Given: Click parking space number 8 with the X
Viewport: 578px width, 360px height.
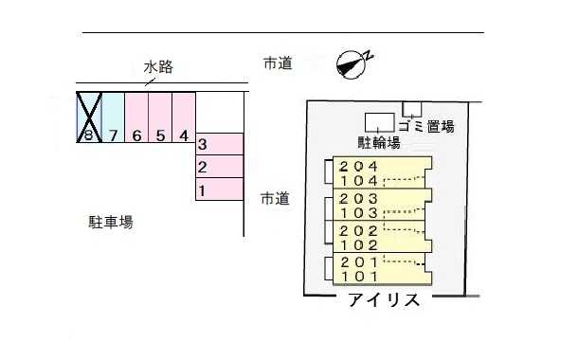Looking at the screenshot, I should tap(88, 117).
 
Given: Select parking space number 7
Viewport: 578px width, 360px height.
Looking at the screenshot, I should tap(113, 117).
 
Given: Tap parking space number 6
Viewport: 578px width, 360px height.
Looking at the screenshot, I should tap(136, 117).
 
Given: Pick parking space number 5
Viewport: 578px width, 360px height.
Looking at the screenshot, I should tap(160, 117).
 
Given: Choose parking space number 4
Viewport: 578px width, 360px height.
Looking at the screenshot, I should tap(184, 117).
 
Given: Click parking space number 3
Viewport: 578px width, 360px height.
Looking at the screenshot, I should tap(220, 144).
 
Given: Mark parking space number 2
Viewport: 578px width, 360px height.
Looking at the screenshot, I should tap(220, 168).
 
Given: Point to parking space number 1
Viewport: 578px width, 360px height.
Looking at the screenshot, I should tap(220, 190).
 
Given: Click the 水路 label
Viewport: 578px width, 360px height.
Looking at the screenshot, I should tap(158, 66).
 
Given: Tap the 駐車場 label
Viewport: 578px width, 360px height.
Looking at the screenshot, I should tap(111, 223).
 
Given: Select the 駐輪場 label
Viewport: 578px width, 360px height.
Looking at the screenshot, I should tap(378, 143).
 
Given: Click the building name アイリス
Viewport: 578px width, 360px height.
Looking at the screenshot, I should tap(384, 302).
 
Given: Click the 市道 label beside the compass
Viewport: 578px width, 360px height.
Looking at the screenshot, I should tap(277, 63).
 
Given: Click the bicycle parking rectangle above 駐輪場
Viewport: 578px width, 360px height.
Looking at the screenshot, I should tap(380, 122).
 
